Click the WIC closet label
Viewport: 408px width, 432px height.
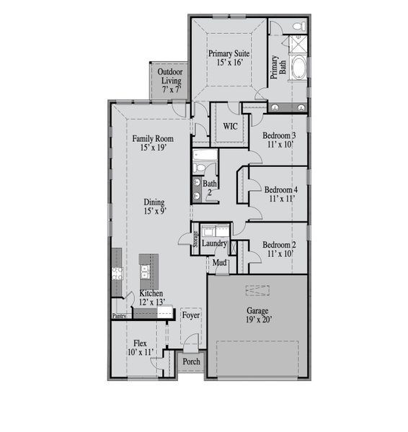[230, 127]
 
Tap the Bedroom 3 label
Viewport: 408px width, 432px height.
[279, 140]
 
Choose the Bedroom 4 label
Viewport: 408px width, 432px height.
[279, 193]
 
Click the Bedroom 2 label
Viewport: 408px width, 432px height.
[279, 248]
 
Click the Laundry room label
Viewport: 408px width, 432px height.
[215, 244]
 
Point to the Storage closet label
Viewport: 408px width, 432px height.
[196, 239]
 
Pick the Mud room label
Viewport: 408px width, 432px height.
[221, 263]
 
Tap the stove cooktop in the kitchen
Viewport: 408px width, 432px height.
[117, 273]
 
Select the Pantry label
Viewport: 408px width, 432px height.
[120, 315]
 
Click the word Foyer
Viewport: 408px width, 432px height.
[190, 315]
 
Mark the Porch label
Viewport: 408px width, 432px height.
[191, 361]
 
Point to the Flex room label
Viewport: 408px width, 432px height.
[141, 348]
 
